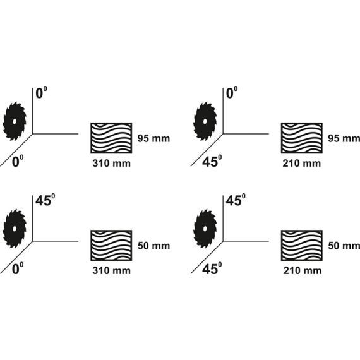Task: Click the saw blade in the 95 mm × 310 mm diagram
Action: coord(15,121)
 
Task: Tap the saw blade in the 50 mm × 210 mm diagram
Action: coord(205,229)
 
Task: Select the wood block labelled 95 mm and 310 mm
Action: coord(111,138)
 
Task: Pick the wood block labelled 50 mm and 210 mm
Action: coord(302,246)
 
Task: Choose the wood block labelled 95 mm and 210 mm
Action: coord(302,138)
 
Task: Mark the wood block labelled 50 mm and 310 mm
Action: coord(111,246)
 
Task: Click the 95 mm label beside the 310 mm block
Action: coord(153,138)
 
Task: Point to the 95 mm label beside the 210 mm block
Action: coord(344,138)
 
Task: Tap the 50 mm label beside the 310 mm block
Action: coord(153,246)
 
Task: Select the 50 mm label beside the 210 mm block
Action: coord(344,246)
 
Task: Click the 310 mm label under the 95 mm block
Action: coord(112,163)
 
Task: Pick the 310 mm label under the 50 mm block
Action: coord(112,270)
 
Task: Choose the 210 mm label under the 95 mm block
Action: coord(302,163)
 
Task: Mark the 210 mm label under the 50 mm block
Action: coord(303,270)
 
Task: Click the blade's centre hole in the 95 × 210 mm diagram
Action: coord(205,121)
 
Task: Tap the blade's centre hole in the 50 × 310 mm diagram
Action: coord(15,229)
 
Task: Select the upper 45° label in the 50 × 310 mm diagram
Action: coord(45,200)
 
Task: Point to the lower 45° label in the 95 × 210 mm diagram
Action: coord(212,160)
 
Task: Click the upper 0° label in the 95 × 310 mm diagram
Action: coord(41,92)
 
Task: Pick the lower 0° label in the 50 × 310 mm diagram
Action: coord(18,268)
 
